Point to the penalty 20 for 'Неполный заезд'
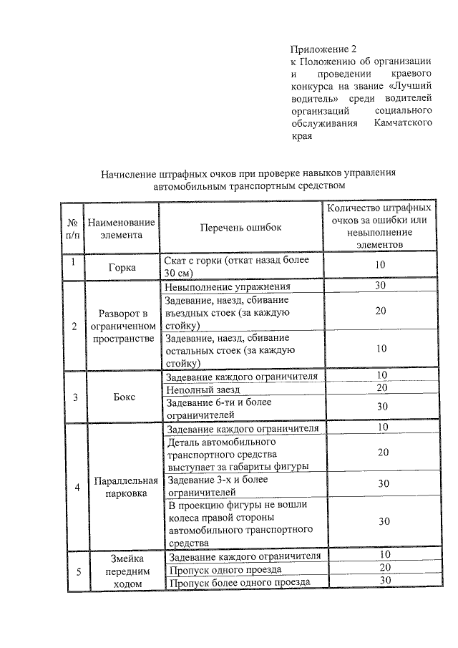coord(382,387)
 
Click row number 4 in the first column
coord(77,488)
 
